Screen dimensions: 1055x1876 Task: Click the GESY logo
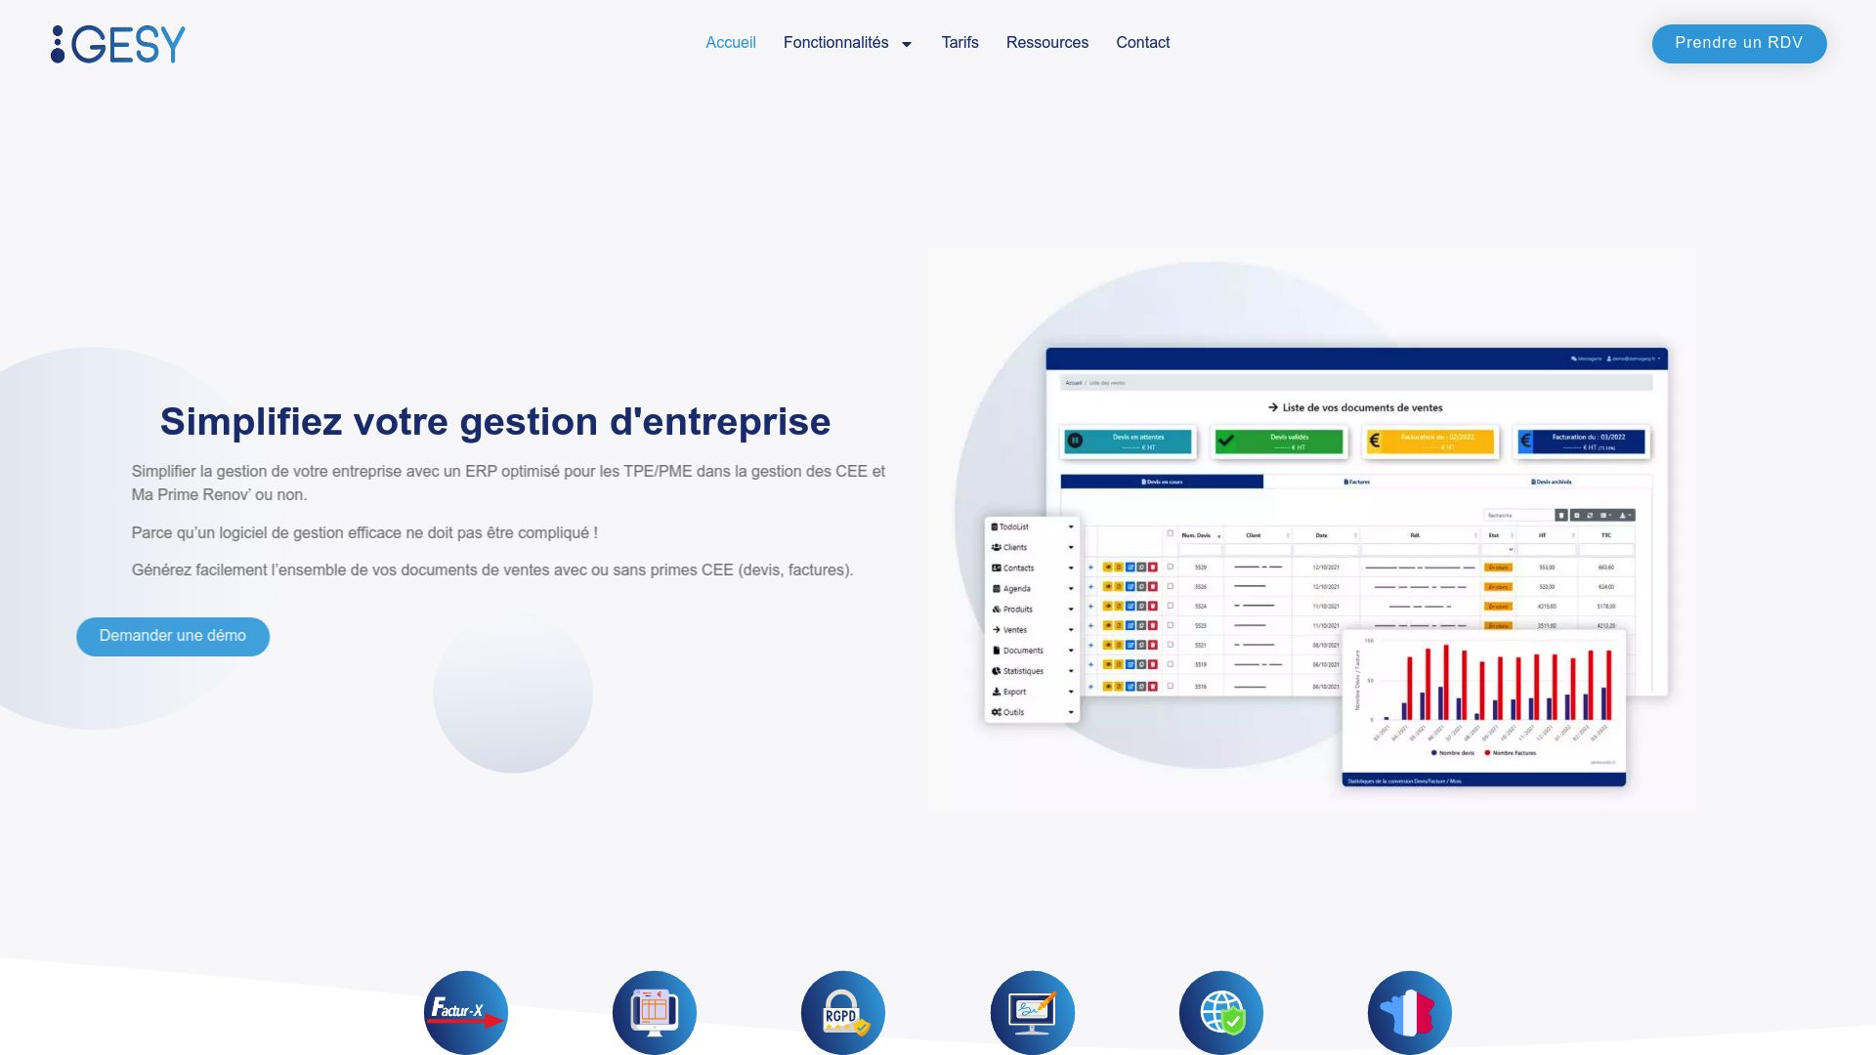[x=118, y=44]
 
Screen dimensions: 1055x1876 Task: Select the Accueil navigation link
[x=731, y=43]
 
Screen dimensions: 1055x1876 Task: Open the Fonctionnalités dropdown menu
[x=847, y=43]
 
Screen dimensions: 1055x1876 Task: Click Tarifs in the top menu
[x=959, y=43]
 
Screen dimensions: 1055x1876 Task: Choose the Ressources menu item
[x=1046, y=43]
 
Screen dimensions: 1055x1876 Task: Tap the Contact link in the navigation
[x=1142, y=43]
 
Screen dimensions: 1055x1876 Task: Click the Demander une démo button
[x=173, y=636]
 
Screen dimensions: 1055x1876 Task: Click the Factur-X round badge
[x=466, y=1012]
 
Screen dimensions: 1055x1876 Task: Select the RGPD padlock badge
[x=843, y=1012]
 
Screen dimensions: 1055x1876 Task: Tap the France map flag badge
[x=1409, y=1012]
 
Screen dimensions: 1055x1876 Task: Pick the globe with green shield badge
[x=1221, y=1012]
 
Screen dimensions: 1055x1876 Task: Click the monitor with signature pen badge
[x=1032, y=1012]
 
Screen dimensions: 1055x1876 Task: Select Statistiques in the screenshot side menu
[x=1023, y=671]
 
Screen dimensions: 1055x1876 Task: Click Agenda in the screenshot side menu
[x=1016, y=589]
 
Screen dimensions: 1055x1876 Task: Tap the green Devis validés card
[x=1278, y=442]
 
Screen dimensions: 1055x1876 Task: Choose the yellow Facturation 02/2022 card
[x=1430, y=442]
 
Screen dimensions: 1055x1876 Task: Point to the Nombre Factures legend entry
[x=1513, y=753]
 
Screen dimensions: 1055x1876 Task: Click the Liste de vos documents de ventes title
[x=1355, y=408]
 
